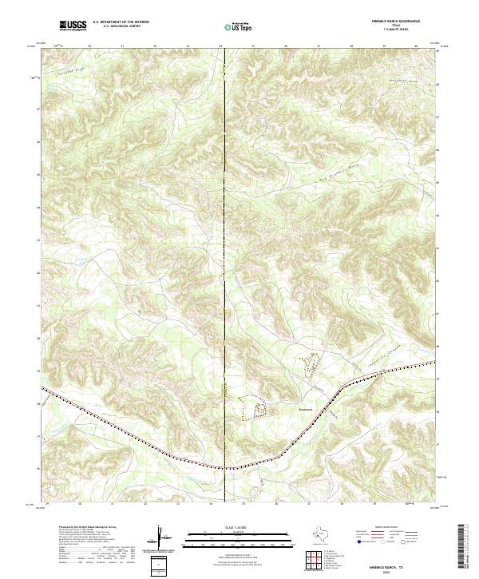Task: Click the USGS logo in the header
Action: pos(73,26)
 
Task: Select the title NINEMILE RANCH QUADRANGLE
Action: pos(396,22)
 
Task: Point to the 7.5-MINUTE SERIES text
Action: pos(397,30)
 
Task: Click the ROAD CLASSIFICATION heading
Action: pos(393,528)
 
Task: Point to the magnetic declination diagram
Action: pos(160,538)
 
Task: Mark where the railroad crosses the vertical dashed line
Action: pos(225,467)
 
